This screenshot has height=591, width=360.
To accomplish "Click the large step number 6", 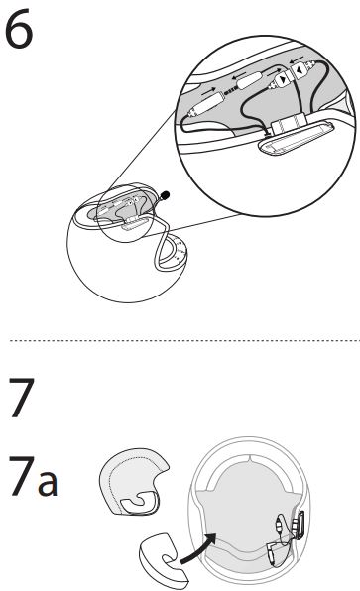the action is point(19,30).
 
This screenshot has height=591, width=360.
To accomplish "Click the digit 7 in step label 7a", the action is point(22,475).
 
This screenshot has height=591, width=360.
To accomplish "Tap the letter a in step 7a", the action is point(48,482).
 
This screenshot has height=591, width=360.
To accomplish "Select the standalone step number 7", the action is point(22,398).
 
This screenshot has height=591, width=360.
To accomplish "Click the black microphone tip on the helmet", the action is point(165,195).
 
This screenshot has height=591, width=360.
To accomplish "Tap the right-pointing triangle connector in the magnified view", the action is point(282,79).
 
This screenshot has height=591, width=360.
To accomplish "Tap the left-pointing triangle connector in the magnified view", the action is point(299,70).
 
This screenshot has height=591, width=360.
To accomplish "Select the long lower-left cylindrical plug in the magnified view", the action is point(207,104).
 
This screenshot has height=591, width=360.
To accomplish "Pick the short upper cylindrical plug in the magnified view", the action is point(249,81).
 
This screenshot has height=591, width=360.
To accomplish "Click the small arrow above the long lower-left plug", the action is point(209,91).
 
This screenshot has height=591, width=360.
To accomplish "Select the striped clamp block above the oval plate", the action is point(288,124).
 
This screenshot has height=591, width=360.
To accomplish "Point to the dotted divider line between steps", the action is point(184,340).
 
